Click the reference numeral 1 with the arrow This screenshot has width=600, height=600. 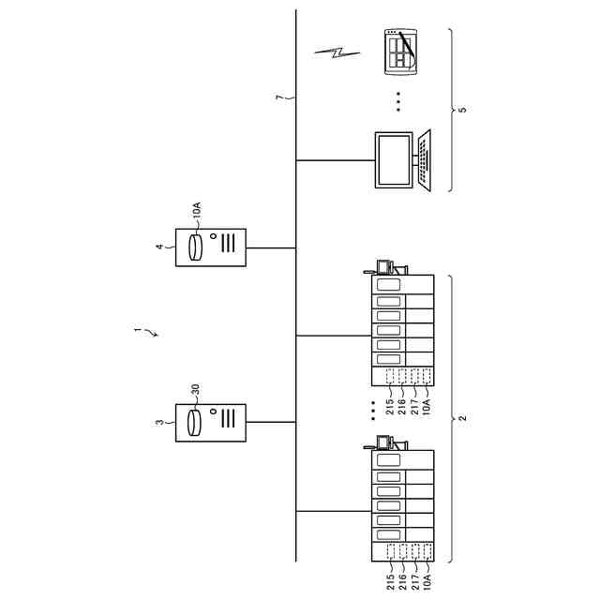point(139,330)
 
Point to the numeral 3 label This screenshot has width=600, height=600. point(160,423)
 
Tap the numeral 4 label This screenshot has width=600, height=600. point(160,247)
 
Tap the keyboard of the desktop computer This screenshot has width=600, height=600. point(425,159)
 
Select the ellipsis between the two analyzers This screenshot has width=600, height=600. point(372,410)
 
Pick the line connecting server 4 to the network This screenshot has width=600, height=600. point(272,247)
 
